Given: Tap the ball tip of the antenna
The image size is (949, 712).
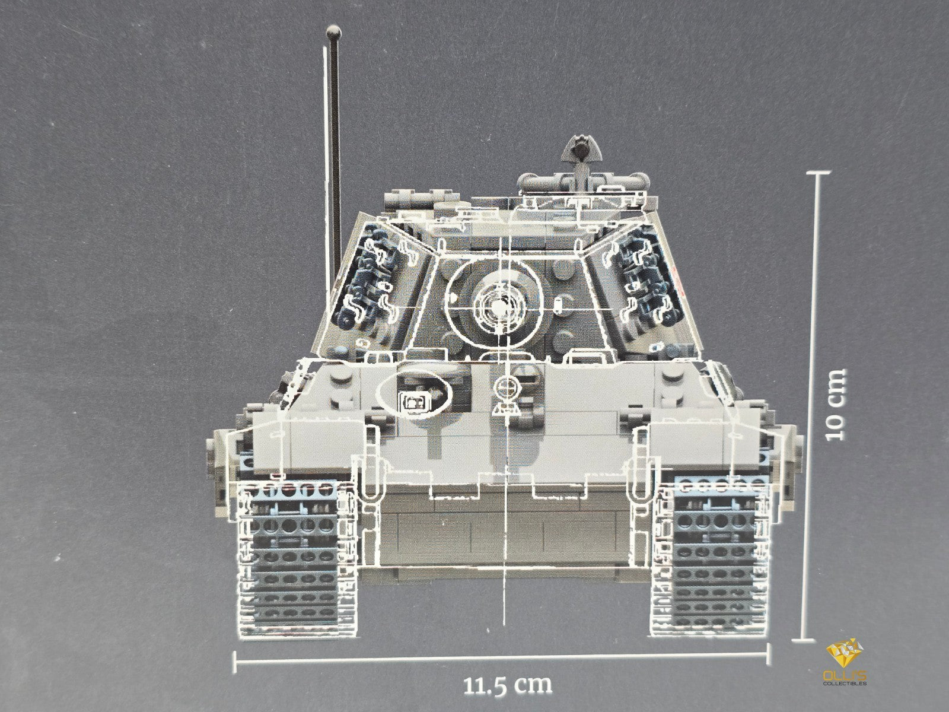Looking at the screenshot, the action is [x=333, y=33].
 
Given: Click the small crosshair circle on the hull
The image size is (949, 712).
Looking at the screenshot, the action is [x=507, y=387].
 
